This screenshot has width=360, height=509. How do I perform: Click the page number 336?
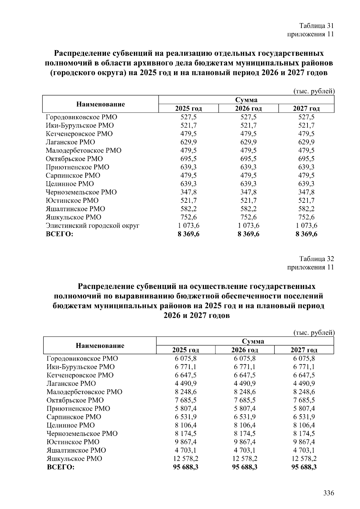click(x=328, y=493)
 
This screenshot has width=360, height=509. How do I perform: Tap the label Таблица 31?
click(x=316, y=26)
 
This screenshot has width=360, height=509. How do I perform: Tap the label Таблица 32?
click(x=316, y=259)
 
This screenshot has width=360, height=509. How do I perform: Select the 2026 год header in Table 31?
click(x=248, y=109)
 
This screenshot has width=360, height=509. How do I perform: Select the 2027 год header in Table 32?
click(x=304, y=350)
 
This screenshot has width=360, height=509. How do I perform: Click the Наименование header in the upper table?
click(x=100, y=104)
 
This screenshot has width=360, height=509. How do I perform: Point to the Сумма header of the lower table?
click(x=253, y=341)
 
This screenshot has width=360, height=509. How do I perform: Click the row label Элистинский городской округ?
click(x=92, y=226)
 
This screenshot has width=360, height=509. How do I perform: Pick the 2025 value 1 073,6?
click(x=188, y=226)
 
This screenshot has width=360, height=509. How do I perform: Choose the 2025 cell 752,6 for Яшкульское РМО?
click(x=188, y=217)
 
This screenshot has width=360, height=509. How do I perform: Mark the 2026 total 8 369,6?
click(x=248, y=234)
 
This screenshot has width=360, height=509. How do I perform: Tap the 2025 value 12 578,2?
click(x=186, y=459)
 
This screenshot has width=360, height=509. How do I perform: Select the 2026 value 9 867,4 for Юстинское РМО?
click(x=245, y=442)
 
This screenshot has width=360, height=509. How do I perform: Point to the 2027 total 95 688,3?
click(x=304, y=467)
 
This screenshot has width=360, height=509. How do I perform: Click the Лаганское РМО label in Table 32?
click(x=71, y=384)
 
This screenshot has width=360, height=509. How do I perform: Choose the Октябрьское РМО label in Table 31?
click(x=74, y=159)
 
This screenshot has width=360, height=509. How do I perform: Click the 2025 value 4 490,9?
click(x=186, y=384)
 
